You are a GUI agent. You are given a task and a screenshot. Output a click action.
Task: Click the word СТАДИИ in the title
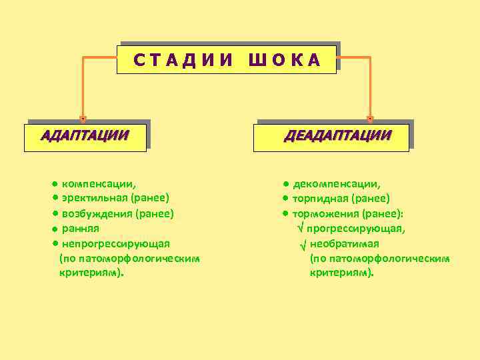tap(183, 61)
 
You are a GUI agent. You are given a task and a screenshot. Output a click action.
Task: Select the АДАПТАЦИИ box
tap(85, 136)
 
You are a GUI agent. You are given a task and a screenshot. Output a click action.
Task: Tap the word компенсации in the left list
tap(97, 183)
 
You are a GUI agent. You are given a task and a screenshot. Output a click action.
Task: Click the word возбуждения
tap(97, 213)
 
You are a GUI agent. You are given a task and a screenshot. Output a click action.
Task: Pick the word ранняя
tap(81, 229)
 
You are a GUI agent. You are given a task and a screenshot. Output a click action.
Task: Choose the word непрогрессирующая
tap(115, 243)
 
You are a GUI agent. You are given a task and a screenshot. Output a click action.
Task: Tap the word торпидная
tap(321, 198)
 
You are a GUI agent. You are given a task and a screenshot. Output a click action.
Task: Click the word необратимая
tap(344, 243)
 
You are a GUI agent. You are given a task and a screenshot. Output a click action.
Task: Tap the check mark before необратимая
tap(303, 244)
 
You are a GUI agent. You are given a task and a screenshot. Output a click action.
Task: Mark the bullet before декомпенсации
tap(285, 183)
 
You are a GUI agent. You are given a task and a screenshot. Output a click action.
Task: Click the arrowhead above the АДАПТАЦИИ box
tap(83, 119)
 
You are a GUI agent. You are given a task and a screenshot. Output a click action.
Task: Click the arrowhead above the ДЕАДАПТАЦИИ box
tap(370, 119)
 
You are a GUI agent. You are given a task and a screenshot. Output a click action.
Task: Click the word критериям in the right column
tap(341, 273)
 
